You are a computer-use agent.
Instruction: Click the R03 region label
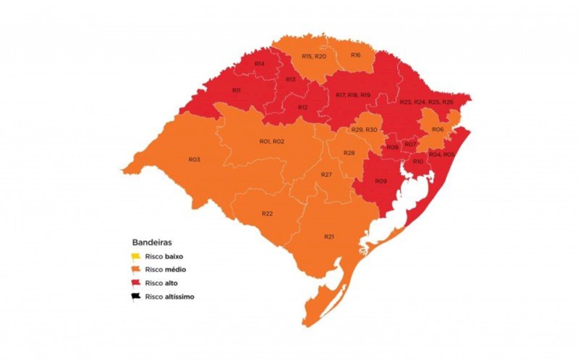[x=194, y=160]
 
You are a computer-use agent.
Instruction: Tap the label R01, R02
[x=271, y=141]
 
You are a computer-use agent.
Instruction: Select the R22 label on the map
[x=267, y=213]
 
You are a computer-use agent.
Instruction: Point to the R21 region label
[x=329, y=236]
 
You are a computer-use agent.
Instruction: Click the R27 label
[x=326, y=174]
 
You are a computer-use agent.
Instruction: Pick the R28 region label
[x=349, y=153]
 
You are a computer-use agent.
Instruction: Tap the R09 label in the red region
[x=381, y=181]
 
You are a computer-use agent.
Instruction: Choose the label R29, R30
[x=364, y=130]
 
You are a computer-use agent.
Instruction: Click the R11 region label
[x=237, y=91]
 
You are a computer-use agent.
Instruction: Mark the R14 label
[x=259, y=64]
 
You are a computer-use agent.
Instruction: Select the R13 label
[x=291, y=79]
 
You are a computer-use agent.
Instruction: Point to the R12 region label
[x=303, y=107]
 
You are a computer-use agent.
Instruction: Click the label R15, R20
[x=314, y=57]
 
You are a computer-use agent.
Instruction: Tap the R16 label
[x=355, y=55]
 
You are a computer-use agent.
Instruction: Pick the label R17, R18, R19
[x=352, y=95]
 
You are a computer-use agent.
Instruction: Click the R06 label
[x=437, y=130]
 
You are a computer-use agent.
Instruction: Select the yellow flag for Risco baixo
[x=136, y=256]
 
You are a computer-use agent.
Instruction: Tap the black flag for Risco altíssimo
[x=136, y=296]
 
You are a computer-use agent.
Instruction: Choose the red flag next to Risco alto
[x=136, y=282]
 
